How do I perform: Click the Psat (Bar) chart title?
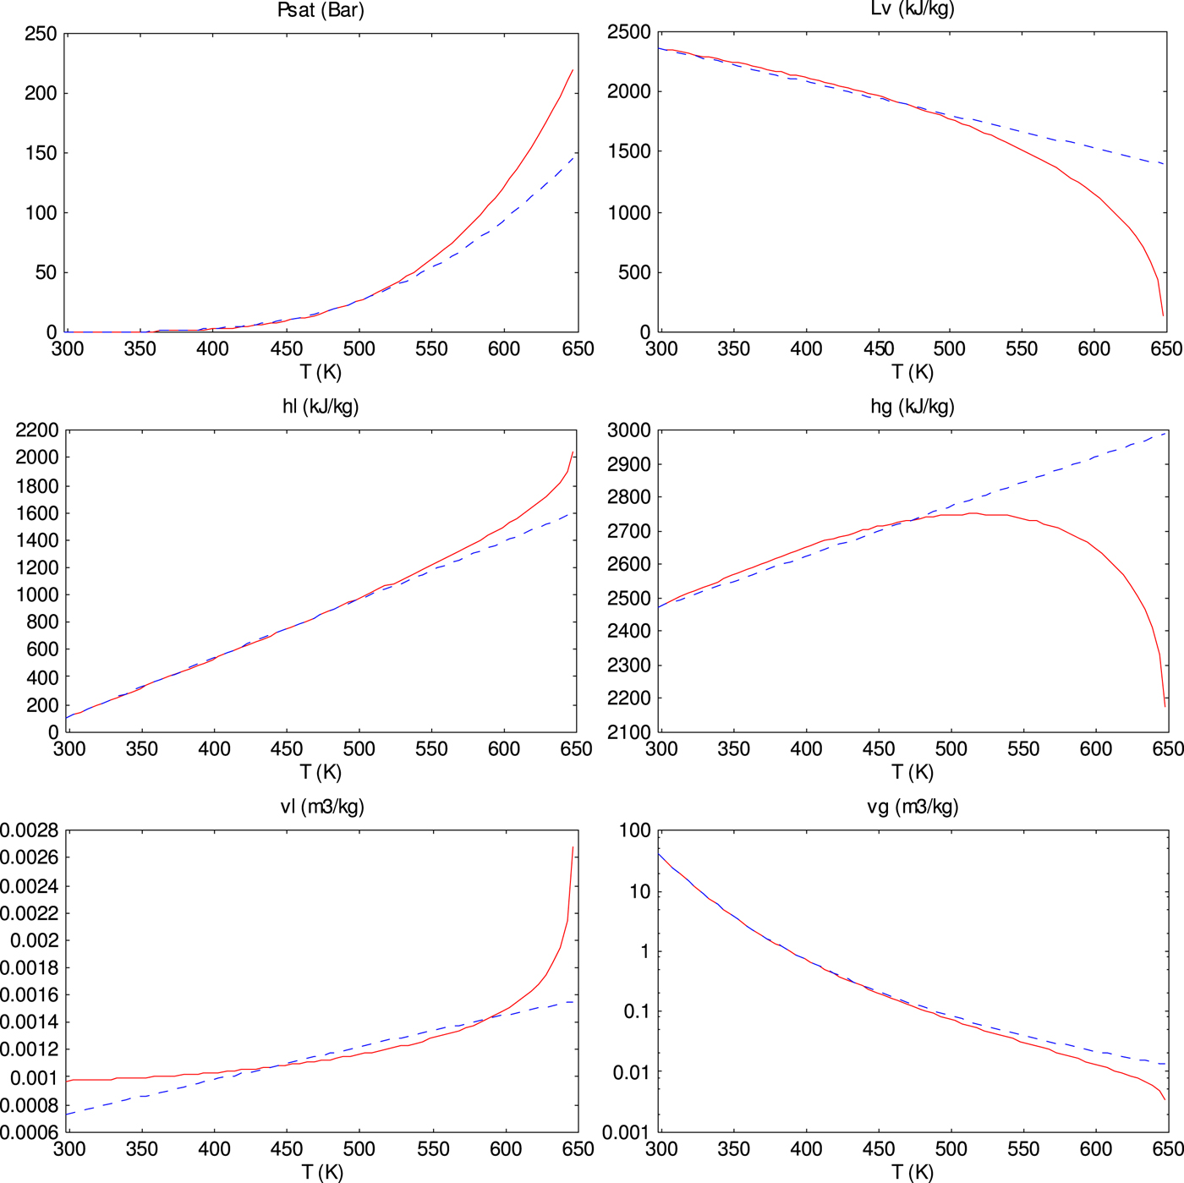tap(321, 11)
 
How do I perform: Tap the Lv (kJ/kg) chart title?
tap(912, 9)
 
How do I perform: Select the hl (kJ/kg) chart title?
tap(321, 407)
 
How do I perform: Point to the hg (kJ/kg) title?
tap(912, 407)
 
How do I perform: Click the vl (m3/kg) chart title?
tap(322, 807)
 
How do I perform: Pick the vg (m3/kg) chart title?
tap(913, 807)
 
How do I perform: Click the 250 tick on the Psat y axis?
tap(41, 35)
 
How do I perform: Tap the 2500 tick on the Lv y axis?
tap(629, 33)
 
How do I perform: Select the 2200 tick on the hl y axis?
tap(36, 430)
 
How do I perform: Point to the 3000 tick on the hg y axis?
tap(629, 430)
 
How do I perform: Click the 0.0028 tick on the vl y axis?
tap(29, 830)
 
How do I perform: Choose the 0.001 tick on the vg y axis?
tap(625, 1132)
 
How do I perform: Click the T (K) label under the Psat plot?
tap(321, 372)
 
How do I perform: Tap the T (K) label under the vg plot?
tap(913, 1172)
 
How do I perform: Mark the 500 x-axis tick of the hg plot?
tap(951, 749)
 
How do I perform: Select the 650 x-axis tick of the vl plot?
tap(578, 1149)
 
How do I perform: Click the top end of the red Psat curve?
tap(573, 70)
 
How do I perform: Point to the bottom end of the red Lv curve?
tap(1163, 315)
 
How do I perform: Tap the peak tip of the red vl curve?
tap(573, 847)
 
